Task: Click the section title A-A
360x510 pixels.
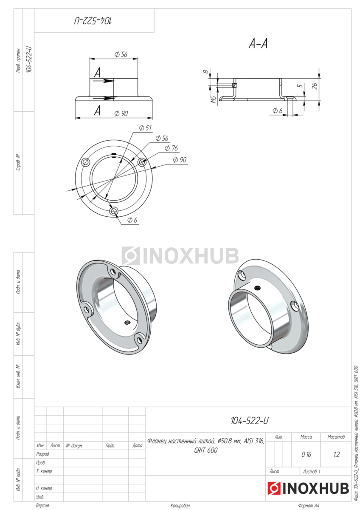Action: pos(258,44)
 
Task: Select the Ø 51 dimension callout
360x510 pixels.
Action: pos(145,127)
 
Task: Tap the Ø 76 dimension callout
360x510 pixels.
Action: pos(172,148)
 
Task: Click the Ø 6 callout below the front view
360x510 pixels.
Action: pos(132,220)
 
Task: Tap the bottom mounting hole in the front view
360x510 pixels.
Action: pos(113,211)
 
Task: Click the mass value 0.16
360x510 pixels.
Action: pos(306,454)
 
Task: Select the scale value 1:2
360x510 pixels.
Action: pos(336,454)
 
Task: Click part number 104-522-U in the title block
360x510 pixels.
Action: pos(249,420)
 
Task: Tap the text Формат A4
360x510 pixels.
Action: pos(309,506)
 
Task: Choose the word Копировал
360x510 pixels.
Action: pos(180,506)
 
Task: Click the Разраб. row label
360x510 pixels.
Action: pos(42,454)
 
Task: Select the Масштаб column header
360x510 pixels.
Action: pos(336,437)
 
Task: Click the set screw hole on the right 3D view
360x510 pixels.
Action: pos(257,288)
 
